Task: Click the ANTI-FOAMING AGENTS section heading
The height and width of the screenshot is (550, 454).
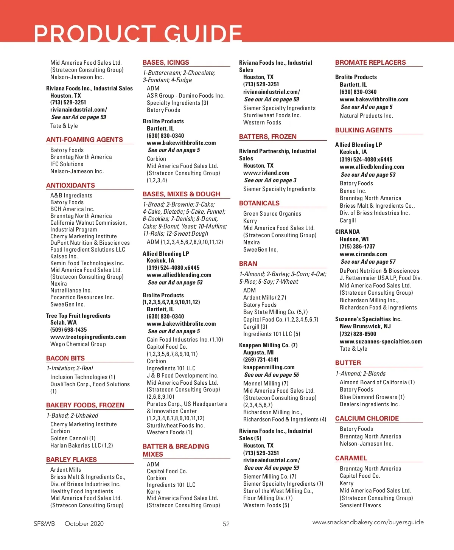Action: [84, 140]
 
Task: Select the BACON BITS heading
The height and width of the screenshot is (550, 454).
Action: [65, 358]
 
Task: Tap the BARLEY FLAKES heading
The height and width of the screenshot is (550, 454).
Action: [72, 460]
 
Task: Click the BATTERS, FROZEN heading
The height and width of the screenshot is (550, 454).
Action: [268, 137]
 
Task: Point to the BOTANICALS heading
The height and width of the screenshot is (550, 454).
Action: [259, 203]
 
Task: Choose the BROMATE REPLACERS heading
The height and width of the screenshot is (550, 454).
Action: [370, 62]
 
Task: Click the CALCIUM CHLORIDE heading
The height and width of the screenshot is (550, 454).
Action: [367, 418]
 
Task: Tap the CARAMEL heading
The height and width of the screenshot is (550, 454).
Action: [351, 458]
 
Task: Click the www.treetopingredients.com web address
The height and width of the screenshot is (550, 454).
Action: [88, 337]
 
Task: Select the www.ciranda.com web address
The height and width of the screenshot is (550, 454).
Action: [363, 254]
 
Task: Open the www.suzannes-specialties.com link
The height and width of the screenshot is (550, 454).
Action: [381, 342]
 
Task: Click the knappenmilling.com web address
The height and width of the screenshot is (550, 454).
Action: [269, 367]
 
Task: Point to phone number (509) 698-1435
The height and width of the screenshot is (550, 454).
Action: [68, 330]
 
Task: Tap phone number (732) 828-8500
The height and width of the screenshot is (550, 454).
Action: [358, 334]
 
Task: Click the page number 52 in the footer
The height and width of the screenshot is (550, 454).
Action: [226, 524]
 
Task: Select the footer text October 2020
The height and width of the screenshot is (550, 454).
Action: [84, 524]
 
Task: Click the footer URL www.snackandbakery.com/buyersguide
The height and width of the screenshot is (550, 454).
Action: [368, 522]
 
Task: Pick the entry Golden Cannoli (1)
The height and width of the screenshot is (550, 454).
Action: [73, 438]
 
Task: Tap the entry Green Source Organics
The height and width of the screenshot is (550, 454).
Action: [272, 214]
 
